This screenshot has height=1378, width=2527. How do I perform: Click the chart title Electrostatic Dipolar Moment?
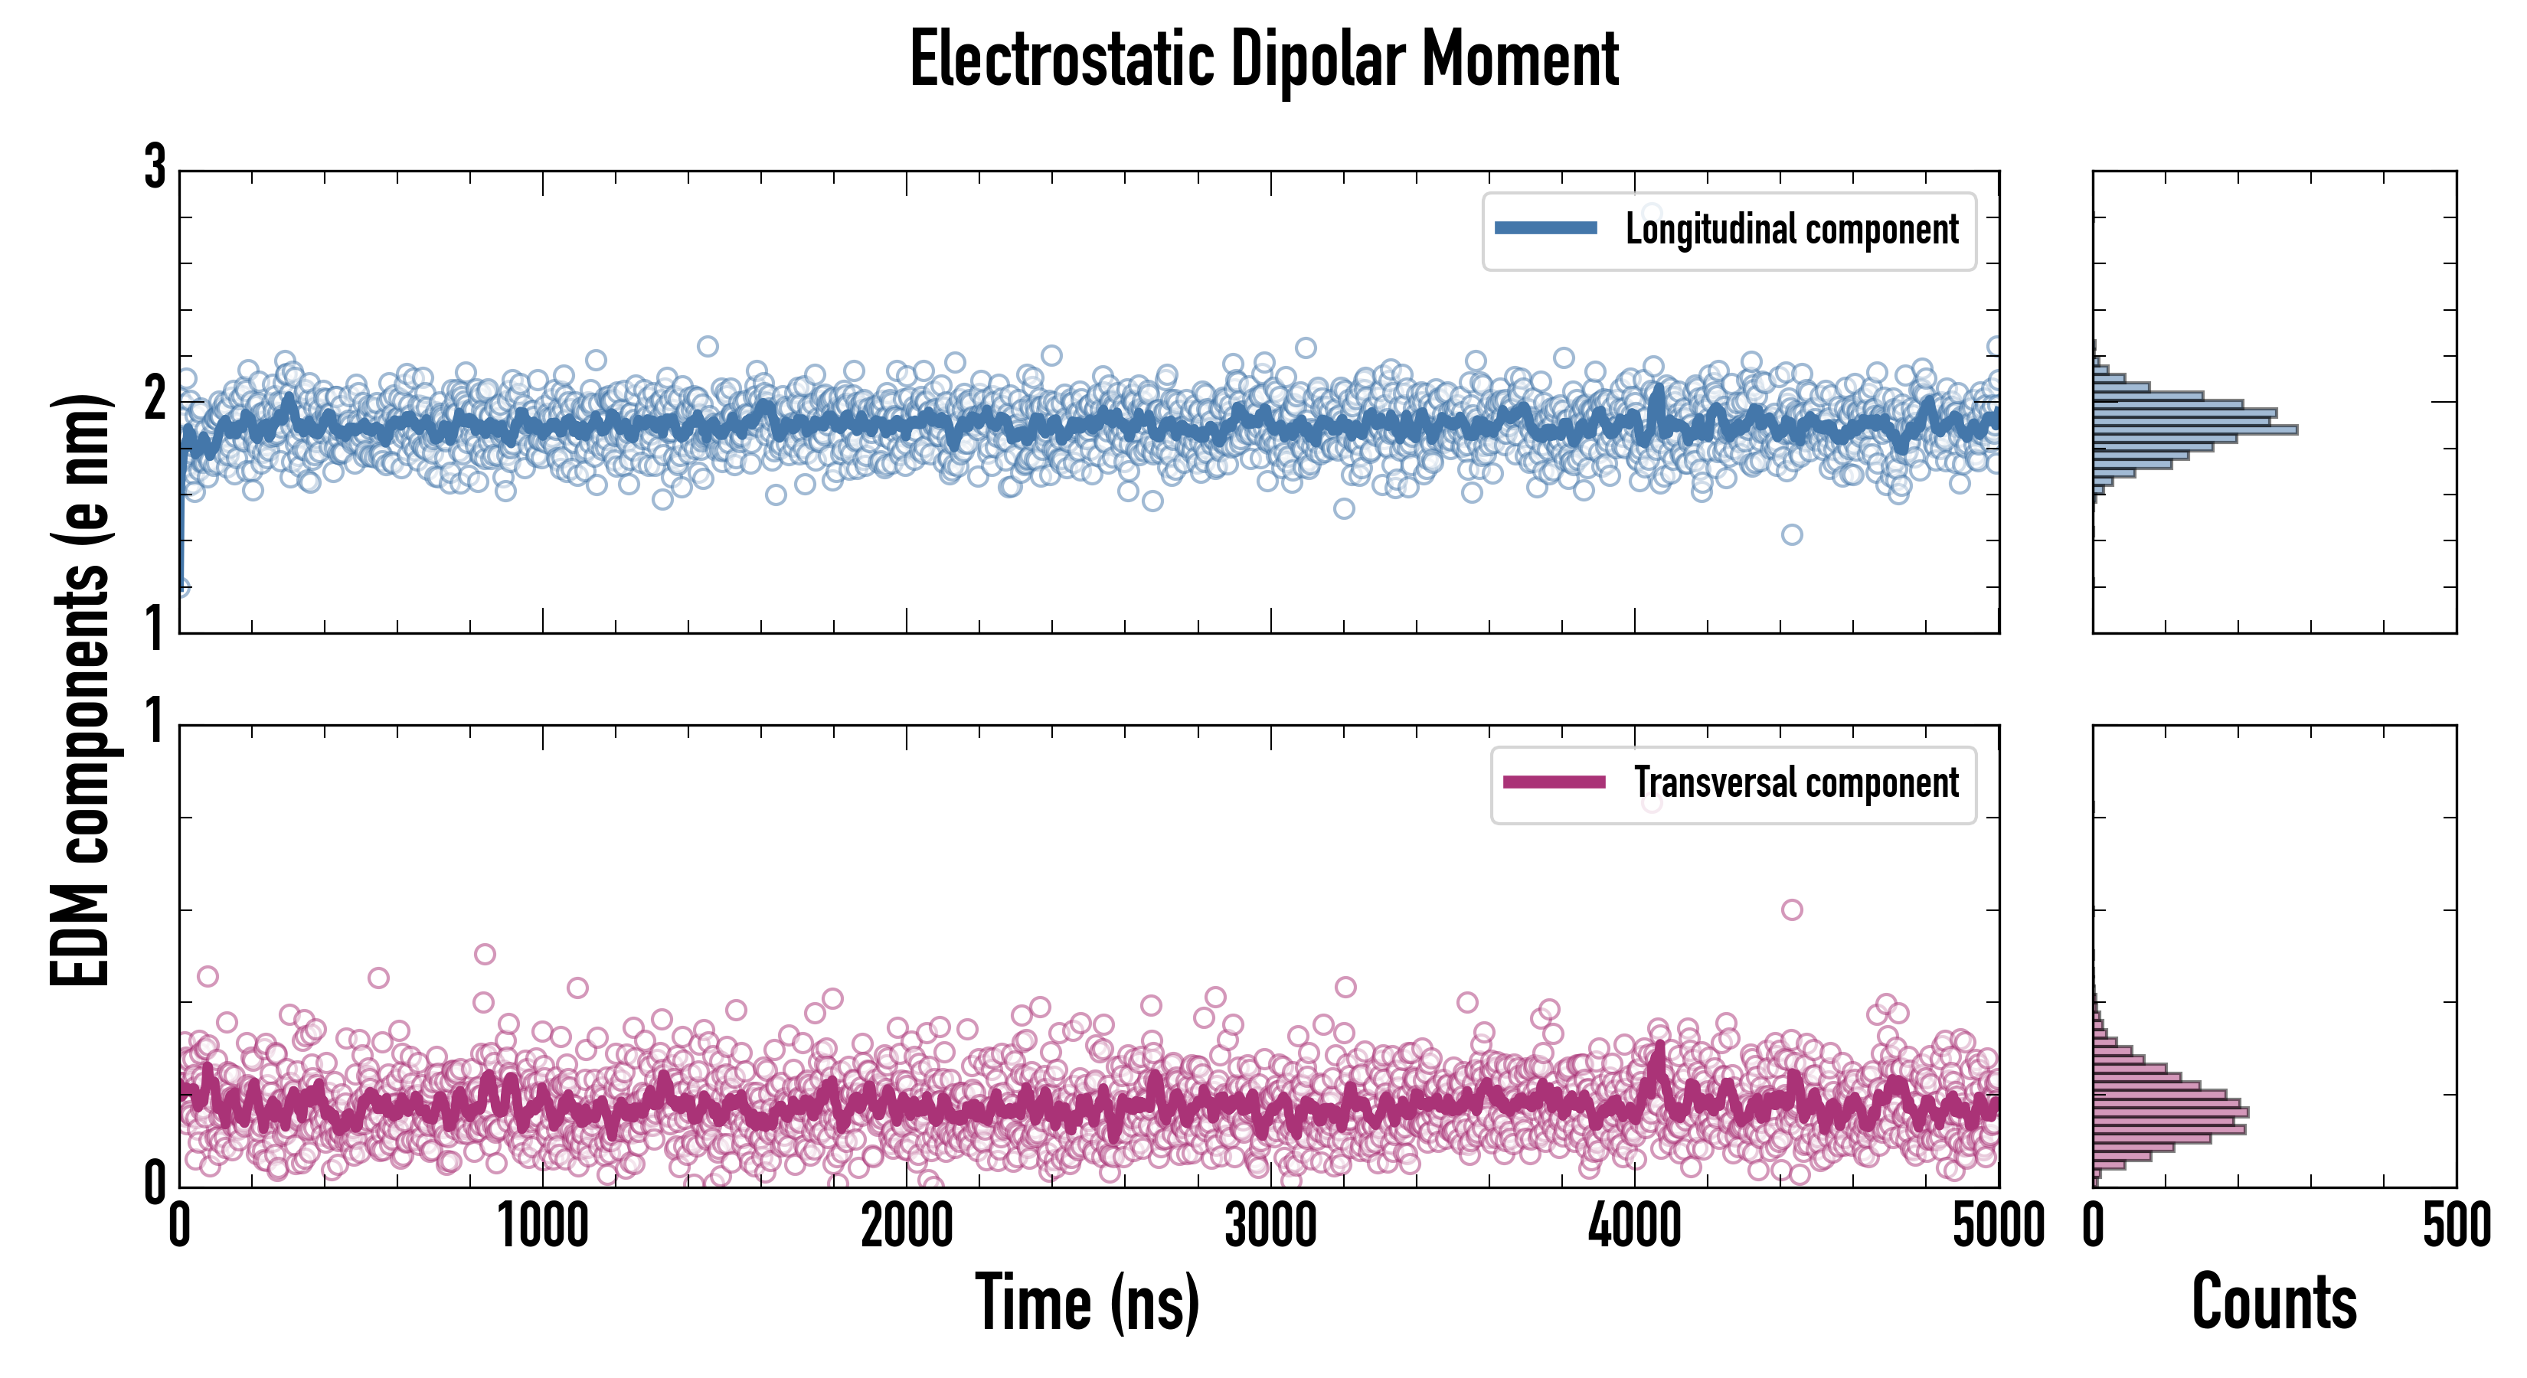1263,60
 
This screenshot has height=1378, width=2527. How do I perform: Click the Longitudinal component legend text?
1791,230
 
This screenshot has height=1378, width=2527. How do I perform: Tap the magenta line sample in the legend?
1554,782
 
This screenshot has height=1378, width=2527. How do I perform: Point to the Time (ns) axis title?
1087,1302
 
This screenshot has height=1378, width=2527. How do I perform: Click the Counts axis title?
2274,1302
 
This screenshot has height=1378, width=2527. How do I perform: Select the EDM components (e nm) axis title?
80,691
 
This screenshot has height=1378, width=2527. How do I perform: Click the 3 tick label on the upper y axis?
155,168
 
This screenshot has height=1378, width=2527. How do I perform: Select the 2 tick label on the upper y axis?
155,399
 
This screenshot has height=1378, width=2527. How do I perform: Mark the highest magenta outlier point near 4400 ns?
1791,910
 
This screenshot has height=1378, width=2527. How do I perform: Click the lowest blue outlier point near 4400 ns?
1791,534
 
